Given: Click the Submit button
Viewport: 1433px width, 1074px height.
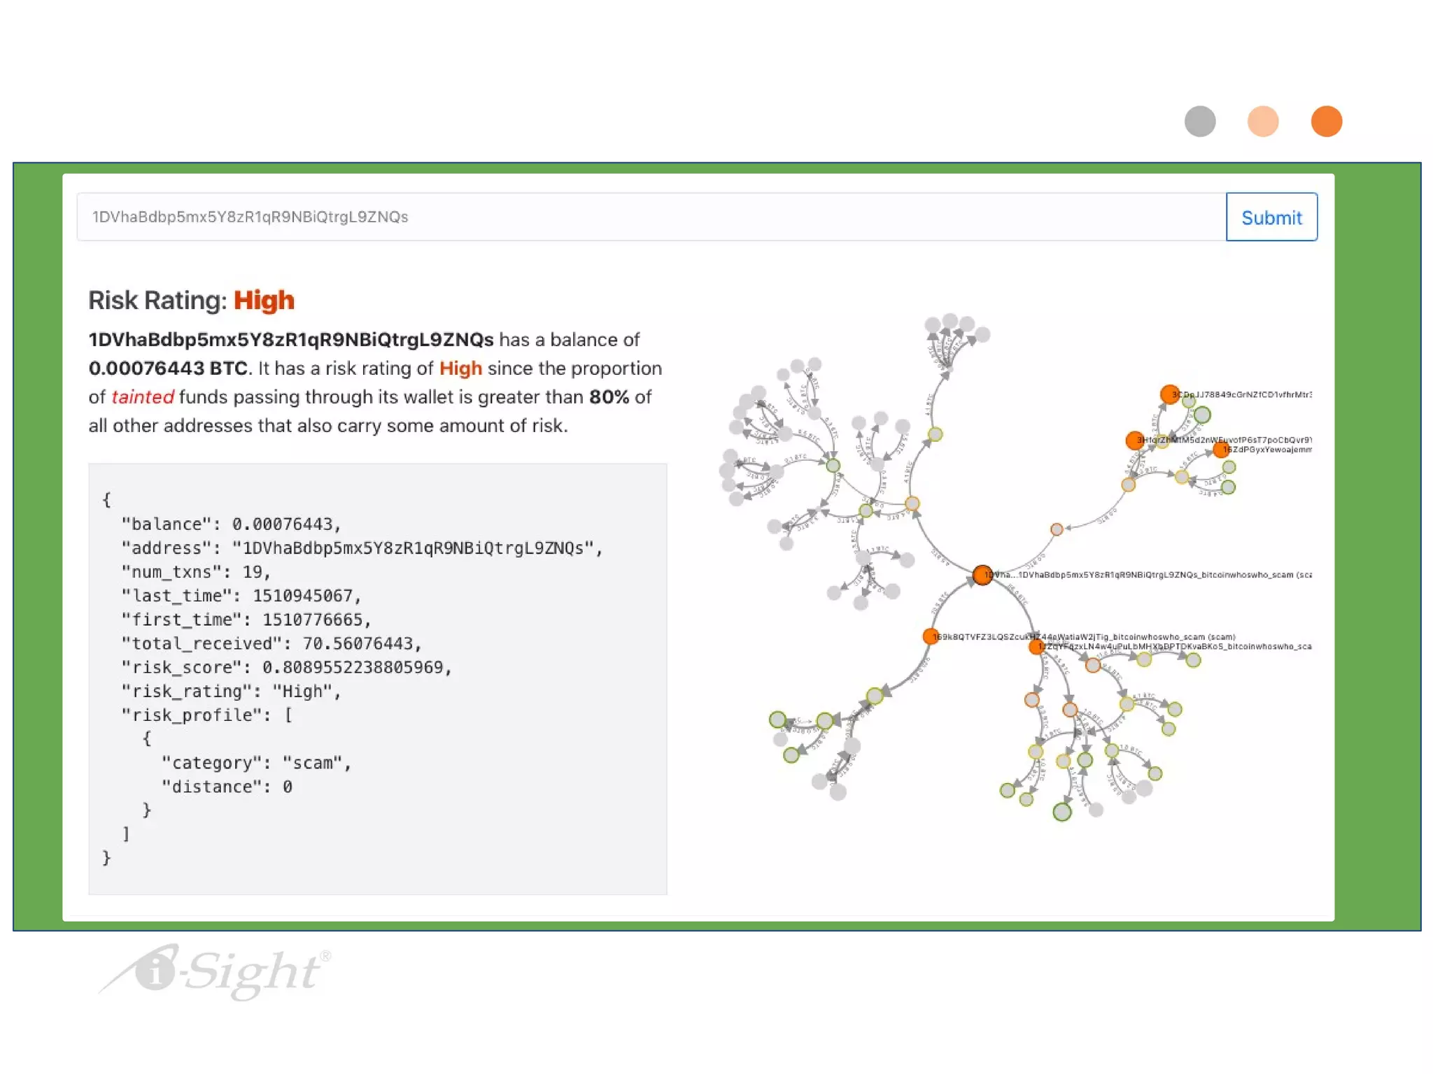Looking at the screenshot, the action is (x=1271, y=217).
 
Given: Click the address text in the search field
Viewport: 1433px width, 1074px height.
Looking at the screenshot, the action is (x=250, y=217).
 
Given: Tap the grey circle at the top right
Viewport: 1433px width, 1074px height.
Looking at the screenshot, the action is (x=1200, y=122).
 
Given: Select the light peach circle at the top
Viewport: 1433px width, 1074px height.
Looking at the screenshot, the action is (x=1263, y=122).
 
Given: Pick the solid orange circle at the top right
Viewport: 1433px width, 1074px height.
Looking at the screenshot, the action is (x=1326, y=122).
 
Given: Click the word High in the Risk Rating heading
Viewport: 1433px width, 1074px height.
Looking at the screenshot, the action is (x=264, y=300).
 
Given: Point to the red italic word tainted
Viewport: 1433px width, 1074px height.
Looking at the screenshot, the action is (x=142, y=397).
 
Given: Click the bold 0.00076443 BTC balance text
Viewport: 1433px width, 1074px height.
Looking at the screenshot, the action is (x=168, y=368).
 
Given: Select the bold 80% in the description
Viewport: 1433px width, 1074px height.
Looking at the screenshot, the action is (x=609, y=397).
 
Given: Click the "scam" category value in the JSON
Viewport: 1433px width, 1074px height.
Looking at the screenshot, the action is (x=312, y=763).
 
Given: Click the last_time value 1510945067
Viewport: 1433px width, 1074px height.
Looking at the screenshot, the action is (x=302, y=596).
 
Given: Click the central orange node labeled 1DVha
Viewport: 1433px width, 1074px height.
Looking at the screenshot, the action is (x=982, y=575).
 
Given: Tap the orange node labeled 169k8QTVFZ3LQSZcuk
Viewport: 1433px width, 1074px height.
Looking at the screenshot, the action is (x=931, y=636).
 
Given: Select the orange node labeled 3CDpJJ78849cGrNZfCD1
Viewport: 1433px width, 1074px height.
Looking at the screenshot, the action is (x=1169, y=394).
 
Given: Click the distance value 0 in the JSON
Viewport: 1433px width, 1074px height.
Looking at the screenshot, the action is (x=288, y=787).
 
